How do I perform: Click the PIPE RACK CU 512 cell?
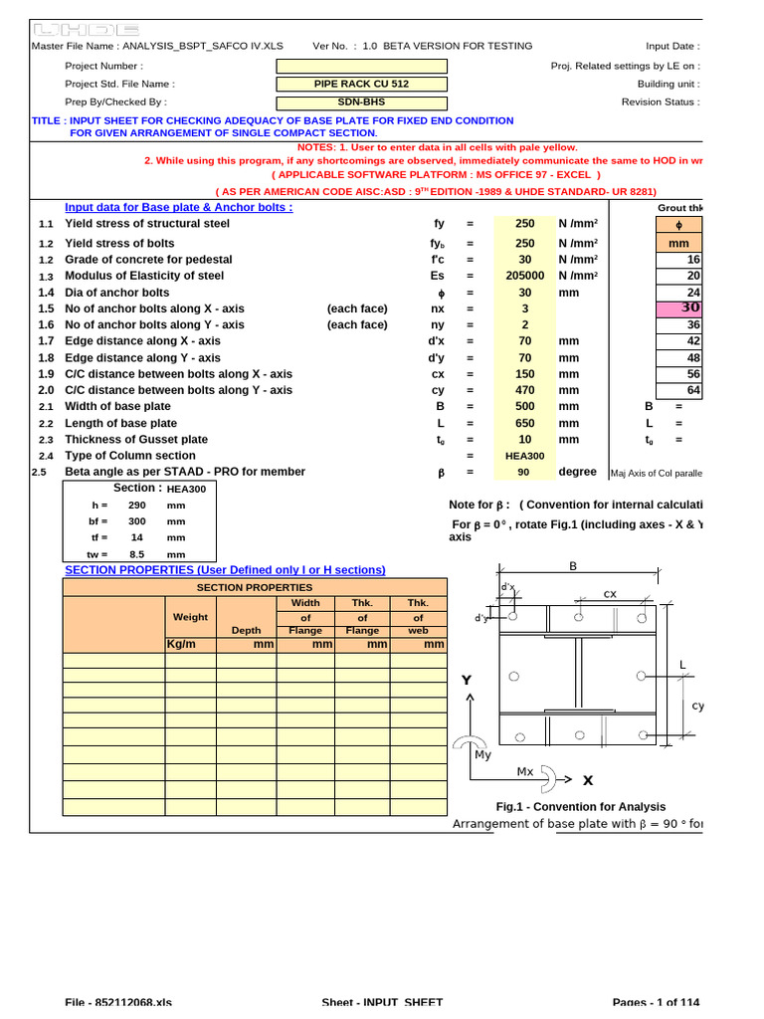point(361,85)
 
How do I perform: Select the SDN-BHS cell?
point(361,102)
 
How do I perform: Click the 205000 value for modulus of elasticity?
point(524,276)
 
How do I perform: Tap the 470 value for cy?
point(524,390)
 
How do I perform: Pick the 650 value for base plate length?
point(524,423)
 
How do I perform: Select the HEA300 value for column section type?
point(524,456)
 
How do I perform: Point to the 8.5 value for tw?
point(137,554)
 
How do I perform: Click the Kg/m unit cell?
point(190,644)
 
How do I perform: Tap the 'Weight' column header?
point(190,617)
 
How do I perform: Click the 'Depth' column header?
point(246,630)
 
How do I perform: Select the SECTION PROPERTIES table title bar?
point(255,588)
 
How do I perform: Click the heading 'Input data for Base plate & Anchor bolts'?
point(178,207)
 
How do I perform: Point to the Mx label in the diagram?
point(525,771)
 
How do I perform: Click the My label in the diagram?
point(482,755)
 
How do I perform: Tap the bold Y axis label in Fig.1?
point(466,680)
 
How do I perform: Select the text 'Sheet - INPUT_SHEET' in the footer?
point(382,1003)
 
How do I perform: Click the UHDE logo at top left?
point(87,31)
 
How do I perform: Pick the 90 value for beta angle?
point(524,473)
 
